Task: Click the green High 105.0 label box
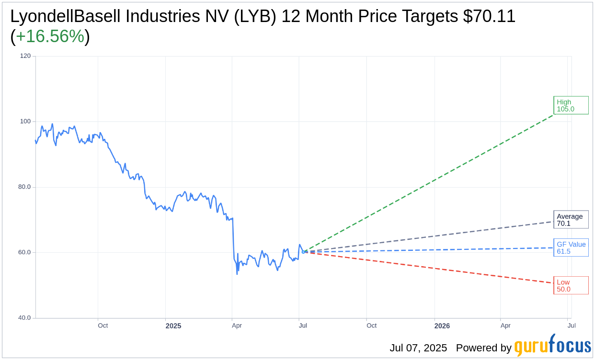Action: [571, 105]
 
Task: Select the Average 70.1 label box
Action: [571, 220]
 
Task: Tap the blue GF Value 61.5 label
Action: [571, 247]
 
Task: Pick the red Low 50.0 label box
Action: [571, 285]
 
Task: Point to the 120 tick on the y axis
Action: [25, 56]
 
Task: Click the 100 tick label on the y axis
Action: [25, 122]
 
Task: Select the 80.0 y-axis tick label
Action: [25, 187]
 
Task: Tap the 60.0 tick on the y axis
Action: [25, 252]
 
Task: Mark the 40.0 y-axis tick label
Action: [25, 318]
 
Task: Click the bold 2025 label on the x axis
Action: [173, 326]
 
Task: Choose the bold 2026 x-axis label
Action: [442, 326]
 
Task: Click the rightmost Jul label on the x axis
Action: [572, 326]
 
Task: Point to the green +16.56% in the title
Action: [50, 36]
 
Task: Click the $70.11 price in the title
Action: [489, 17]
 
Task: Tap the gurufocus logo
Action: [552, 346]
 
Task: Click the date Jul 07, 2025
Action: [418, 348]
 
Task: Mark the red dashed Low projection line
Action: [431, 268]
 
